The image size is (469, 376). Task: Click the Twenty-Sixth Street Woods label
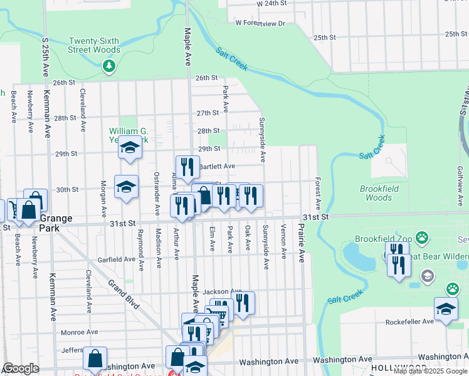click(x=95, y=45)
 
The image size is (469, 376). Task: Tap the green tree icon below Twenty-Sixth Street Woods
click(x=109, y=65)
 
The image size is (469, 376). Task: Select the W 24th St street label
click(x=271, y=3)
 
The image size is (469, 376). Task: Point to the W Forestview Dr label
click(x=260, y=23)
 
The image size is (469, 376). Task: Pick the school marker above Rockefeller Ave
click(x=445, y=309)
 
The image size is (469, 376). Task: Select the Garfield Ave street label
click(x=117, y=259)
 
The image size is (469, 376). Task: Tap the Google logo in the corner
click(x=21, y=368)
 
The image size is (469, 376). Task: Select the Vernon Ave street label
click(x=284, y=241)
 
